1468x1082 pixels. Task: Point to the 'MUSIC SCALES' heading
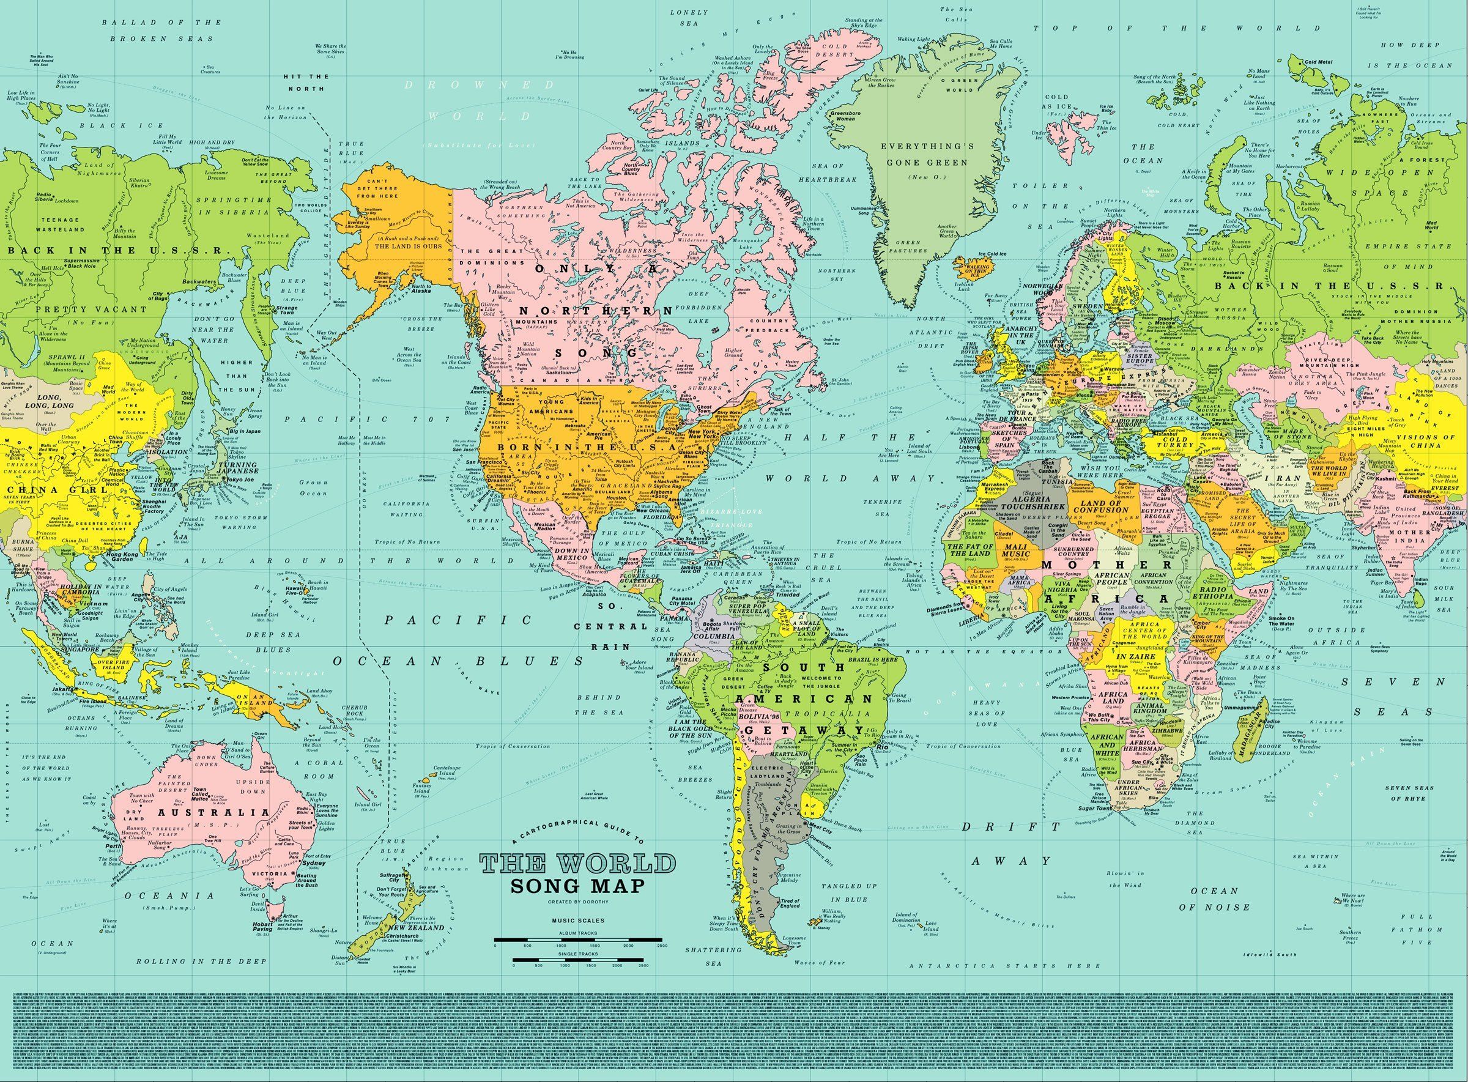[577, 921]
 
